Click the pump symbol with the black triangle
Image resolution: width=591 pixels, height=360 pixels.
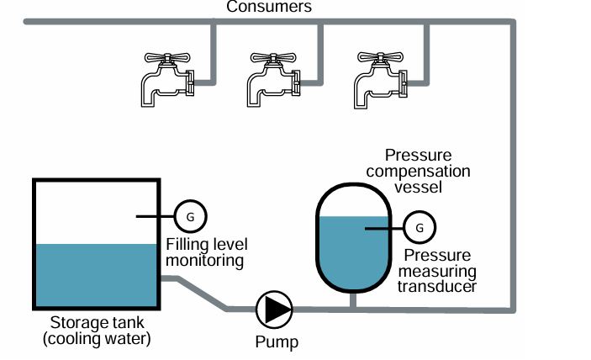tap(274, 310)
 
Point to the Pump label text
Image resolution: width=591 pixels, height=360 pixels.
tap(277, 342)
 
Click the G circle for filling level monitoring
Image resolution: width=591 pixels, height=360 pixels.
tap(190, 216)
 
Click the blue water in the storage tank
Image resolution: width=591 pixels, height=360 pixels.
tap(96, 274)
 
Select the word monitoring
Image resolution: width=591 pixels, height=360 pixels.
tap(204, 261)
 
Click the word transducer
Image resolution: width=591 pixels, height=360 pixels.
tap(437, 286)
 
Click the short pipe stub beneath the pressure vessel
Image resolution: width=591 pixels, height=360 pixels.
tap(354, 300)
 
